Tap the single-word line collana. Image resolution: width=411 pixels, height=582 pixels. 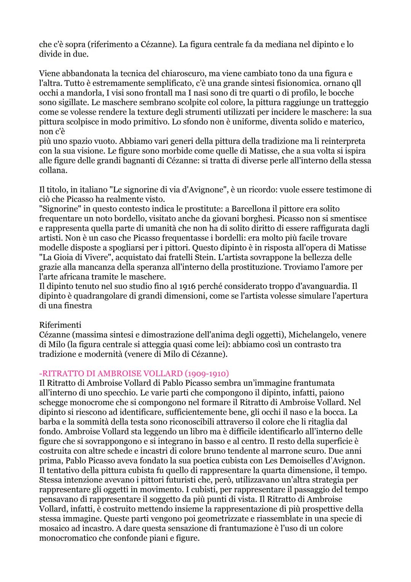tap(53, 170)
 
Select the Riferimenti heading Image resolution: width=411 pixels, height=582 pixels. tap(60, 325)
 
